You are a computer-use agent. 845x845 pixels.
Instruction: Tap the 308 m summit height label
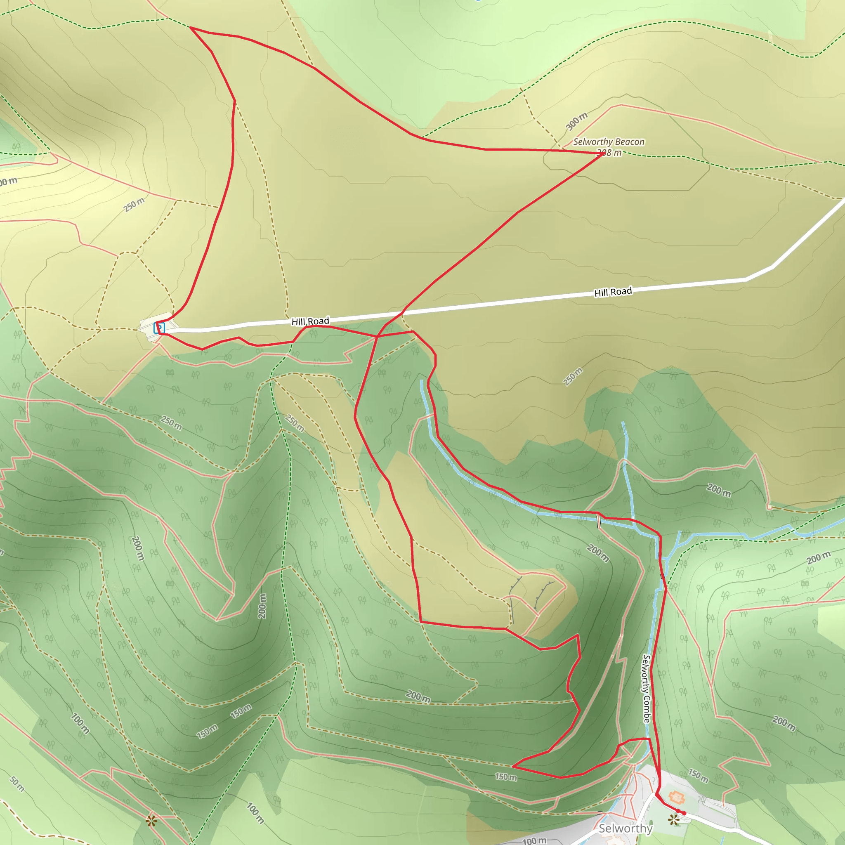pos(609,153)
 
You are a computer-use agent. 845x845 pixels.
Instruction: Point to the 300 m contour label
pos(576,121)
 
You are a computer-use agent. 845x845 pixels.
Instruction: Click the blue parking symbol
pos(160,328)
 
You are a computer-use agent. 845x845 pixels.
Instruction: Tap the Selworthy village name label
pos(625,828)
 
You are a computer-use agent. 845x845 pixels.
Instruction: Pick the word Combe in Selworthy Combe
pos(647,708)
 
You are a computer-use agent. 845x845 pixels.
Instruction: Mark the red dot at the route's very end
pos(684,814)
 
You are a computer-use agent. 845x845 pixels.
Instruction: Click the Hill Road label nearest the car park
pos(310,321)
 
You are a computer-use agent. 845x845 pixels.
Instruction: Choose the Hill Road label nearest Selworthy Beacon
pos(613,292)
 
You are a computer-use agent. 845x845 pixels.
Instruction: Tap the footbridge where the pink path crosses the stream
pos(599,520)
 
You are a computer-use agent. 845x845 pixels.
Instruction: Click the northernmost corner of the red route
pos(191,28)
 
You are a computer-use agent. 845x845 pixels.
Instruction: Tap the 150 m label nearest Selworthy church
pos(698,775)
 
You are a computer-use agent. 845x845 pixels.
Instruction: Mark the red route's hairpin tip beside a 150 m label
pos(512,766)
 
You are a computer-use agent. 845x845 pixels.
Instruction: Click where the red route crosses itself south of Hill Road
pos(377,336)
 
